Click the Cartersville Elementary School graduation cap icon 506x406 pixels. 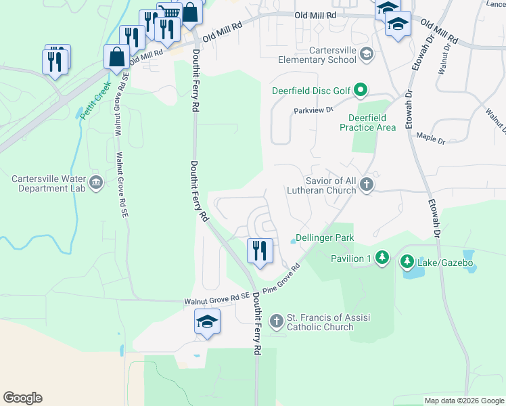366,54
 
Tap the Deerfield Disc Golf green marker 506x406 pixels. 361,89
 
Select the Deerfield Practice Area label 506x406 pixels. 367,122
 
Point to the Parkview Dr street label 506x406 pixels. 313,110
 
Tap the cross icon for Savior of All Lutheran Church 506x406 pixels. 366,185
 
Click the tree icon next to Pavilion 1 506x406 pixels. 382,258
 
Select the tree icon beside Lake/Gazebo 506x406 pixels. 407,261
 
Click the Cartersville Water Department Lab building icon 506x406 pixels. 95,182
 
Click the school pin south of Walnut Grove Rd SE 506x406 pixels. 207,321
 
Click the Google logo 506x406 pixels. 22,398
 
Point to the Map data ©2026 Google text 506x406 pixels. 463,401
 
